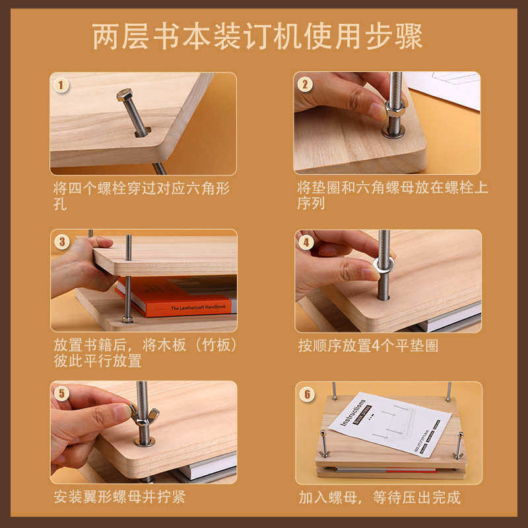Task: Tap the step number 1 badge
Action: [x=61, y=84]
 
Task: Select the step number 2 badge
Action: [x=305, y=84]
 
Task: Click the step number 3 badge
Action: [x=61, y=242]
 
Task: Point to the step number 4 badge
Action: [x=305, y=242]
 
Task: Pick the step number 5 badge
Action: [x=61, y=394]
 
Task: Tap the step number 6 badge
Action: [x=306, y=394]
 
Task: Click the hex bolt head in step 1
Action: [x=125, y=95]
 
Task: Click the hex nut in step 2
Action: [x=394, y=110]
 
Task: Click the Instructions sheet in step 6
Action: [x=389, y=422]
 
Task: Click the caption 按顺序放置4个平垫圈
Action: [x=368, y=346]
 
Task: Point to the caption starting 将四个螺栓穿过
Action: [x=142, y=195]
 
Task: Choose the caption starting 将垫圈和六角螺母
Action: [x=392, y=195]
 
